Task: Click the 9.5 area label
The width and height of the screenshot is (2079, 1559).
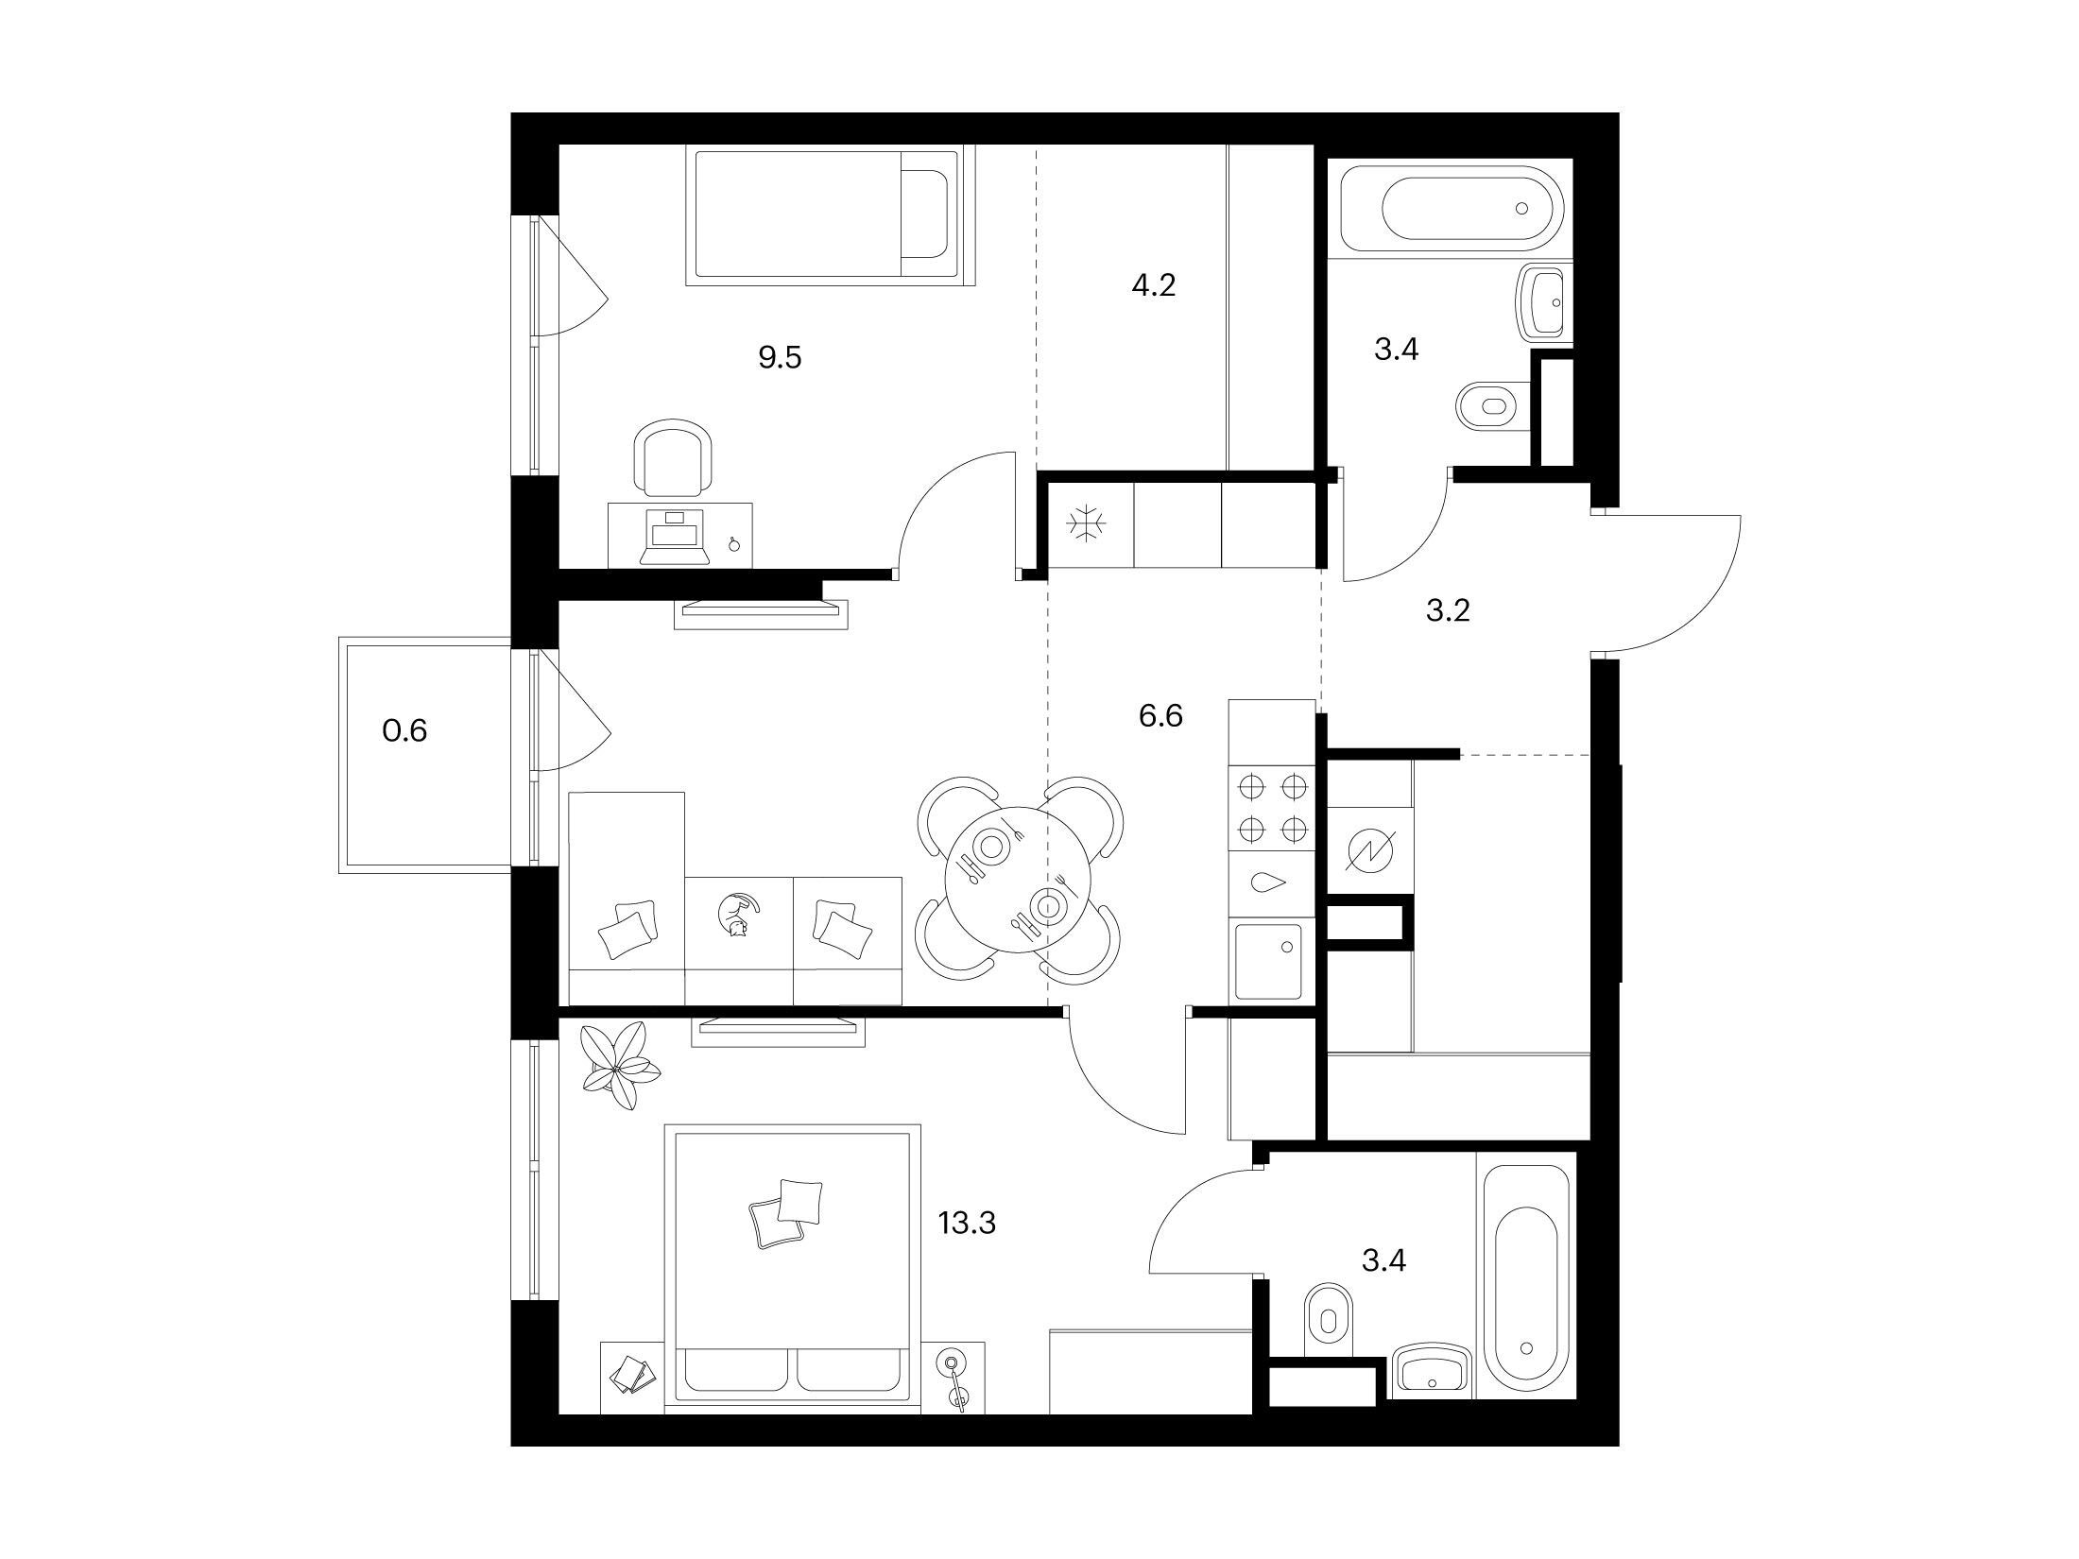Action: coord(780,358)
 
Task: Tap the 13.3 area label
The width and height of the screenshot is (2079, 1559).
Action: coord(967,1224)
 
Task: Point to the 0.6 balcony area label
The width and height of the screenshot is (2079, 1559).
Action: coord(404,730)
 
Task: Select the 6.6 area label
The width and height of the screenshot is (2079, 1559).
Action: coord(1160,716)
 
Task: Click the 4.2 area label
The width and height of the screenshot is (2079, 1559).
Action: coord(1154,284)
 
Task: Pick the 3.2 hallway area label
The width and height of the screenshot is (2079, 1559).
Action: coord(1448,611)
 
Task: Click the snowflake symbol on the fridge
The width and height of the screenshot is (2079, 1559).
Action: coord(1086,525)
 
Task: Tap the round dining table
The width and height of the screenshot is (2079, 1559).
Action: coord(1019,881)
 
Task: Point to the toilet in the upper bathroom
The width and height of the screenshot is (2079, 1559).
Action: coord(1495,407)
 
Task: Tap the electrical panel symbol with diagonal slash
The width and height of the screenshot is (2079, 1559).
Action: coord(1370,851)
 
